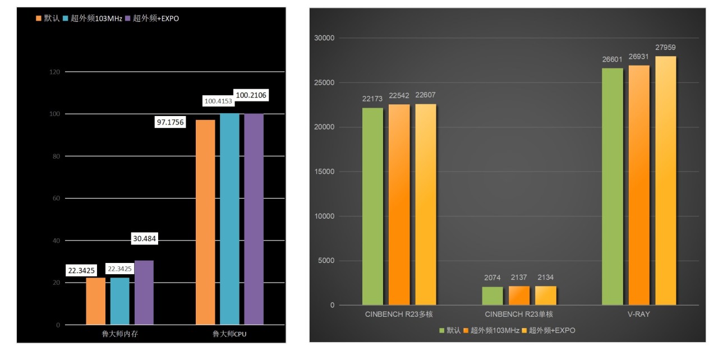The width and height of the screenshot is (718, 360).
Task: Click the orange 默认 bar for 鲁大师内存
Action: click(95, 301)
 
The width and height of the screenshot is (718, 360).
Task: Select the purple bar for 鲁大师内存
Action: click(144, 292)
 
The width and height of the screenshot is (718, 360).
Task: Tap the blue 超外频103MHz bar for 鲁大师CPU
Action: click(229, 219)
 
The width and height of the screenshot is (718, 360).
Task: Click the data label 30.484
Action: click(144, 239)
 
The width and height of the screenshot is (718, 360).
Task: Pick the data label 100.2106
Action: click(251, 95)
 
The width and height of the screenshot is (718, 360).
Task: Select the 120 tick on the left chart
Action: click(55, 72)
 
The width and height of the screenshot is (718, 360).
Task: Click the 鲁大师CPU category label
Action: click(229, 334)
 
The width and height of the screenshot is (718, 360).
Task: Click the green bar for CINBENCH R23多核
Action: click(372, 206)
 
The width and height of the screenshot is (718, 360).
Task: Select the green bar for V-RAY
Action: click(612, 187)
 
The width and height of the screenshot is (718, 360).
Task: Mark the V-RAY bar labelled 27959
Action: click(666, 181)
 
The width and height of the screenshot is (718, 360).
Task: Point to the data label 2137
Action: click(519, 278)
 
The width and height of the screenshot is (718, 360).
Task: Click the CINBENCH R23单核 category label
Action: click(519, 314)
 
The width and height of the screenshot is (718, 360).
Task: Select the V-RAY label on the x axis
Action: click(639, 314)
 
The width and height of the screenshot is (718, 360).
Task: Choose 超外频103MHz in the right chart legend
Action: click(492, 330)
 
